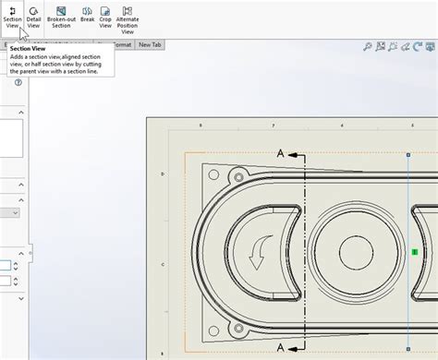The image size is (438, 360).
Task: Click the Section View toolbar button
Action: click(x=12, y=17)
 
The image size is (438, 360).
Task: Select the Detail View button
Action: click(x=33, y=17)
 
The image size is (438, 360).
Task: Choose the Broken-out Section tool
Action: click(x=61, y=17)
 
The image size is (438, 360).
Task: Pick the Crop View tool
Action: click(x=106, y=17)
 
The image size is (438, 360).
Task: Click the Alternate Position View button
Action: click(x=128, y=18)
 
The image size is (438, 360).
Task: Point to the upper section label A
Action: click(x=281, y=153)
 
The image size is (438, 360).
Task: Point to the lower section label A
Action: click(x=281, y=346)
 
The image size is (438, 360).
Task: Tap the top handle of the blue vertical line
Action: click(x=408, y=155)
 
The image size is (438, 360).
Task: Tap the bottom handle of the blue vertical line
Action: click(x=408, y=349)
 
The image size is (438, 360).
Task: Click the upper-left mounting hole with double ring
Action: click(x=239, y=175)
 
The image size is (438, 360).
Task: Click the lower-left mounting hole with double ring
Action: click(x=239, y=327)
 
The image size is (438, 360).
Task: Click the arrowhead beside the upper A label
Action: click(x=297, y=156)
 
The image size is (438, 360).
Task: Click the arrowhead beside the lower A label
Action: click(x=297, y=347)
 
